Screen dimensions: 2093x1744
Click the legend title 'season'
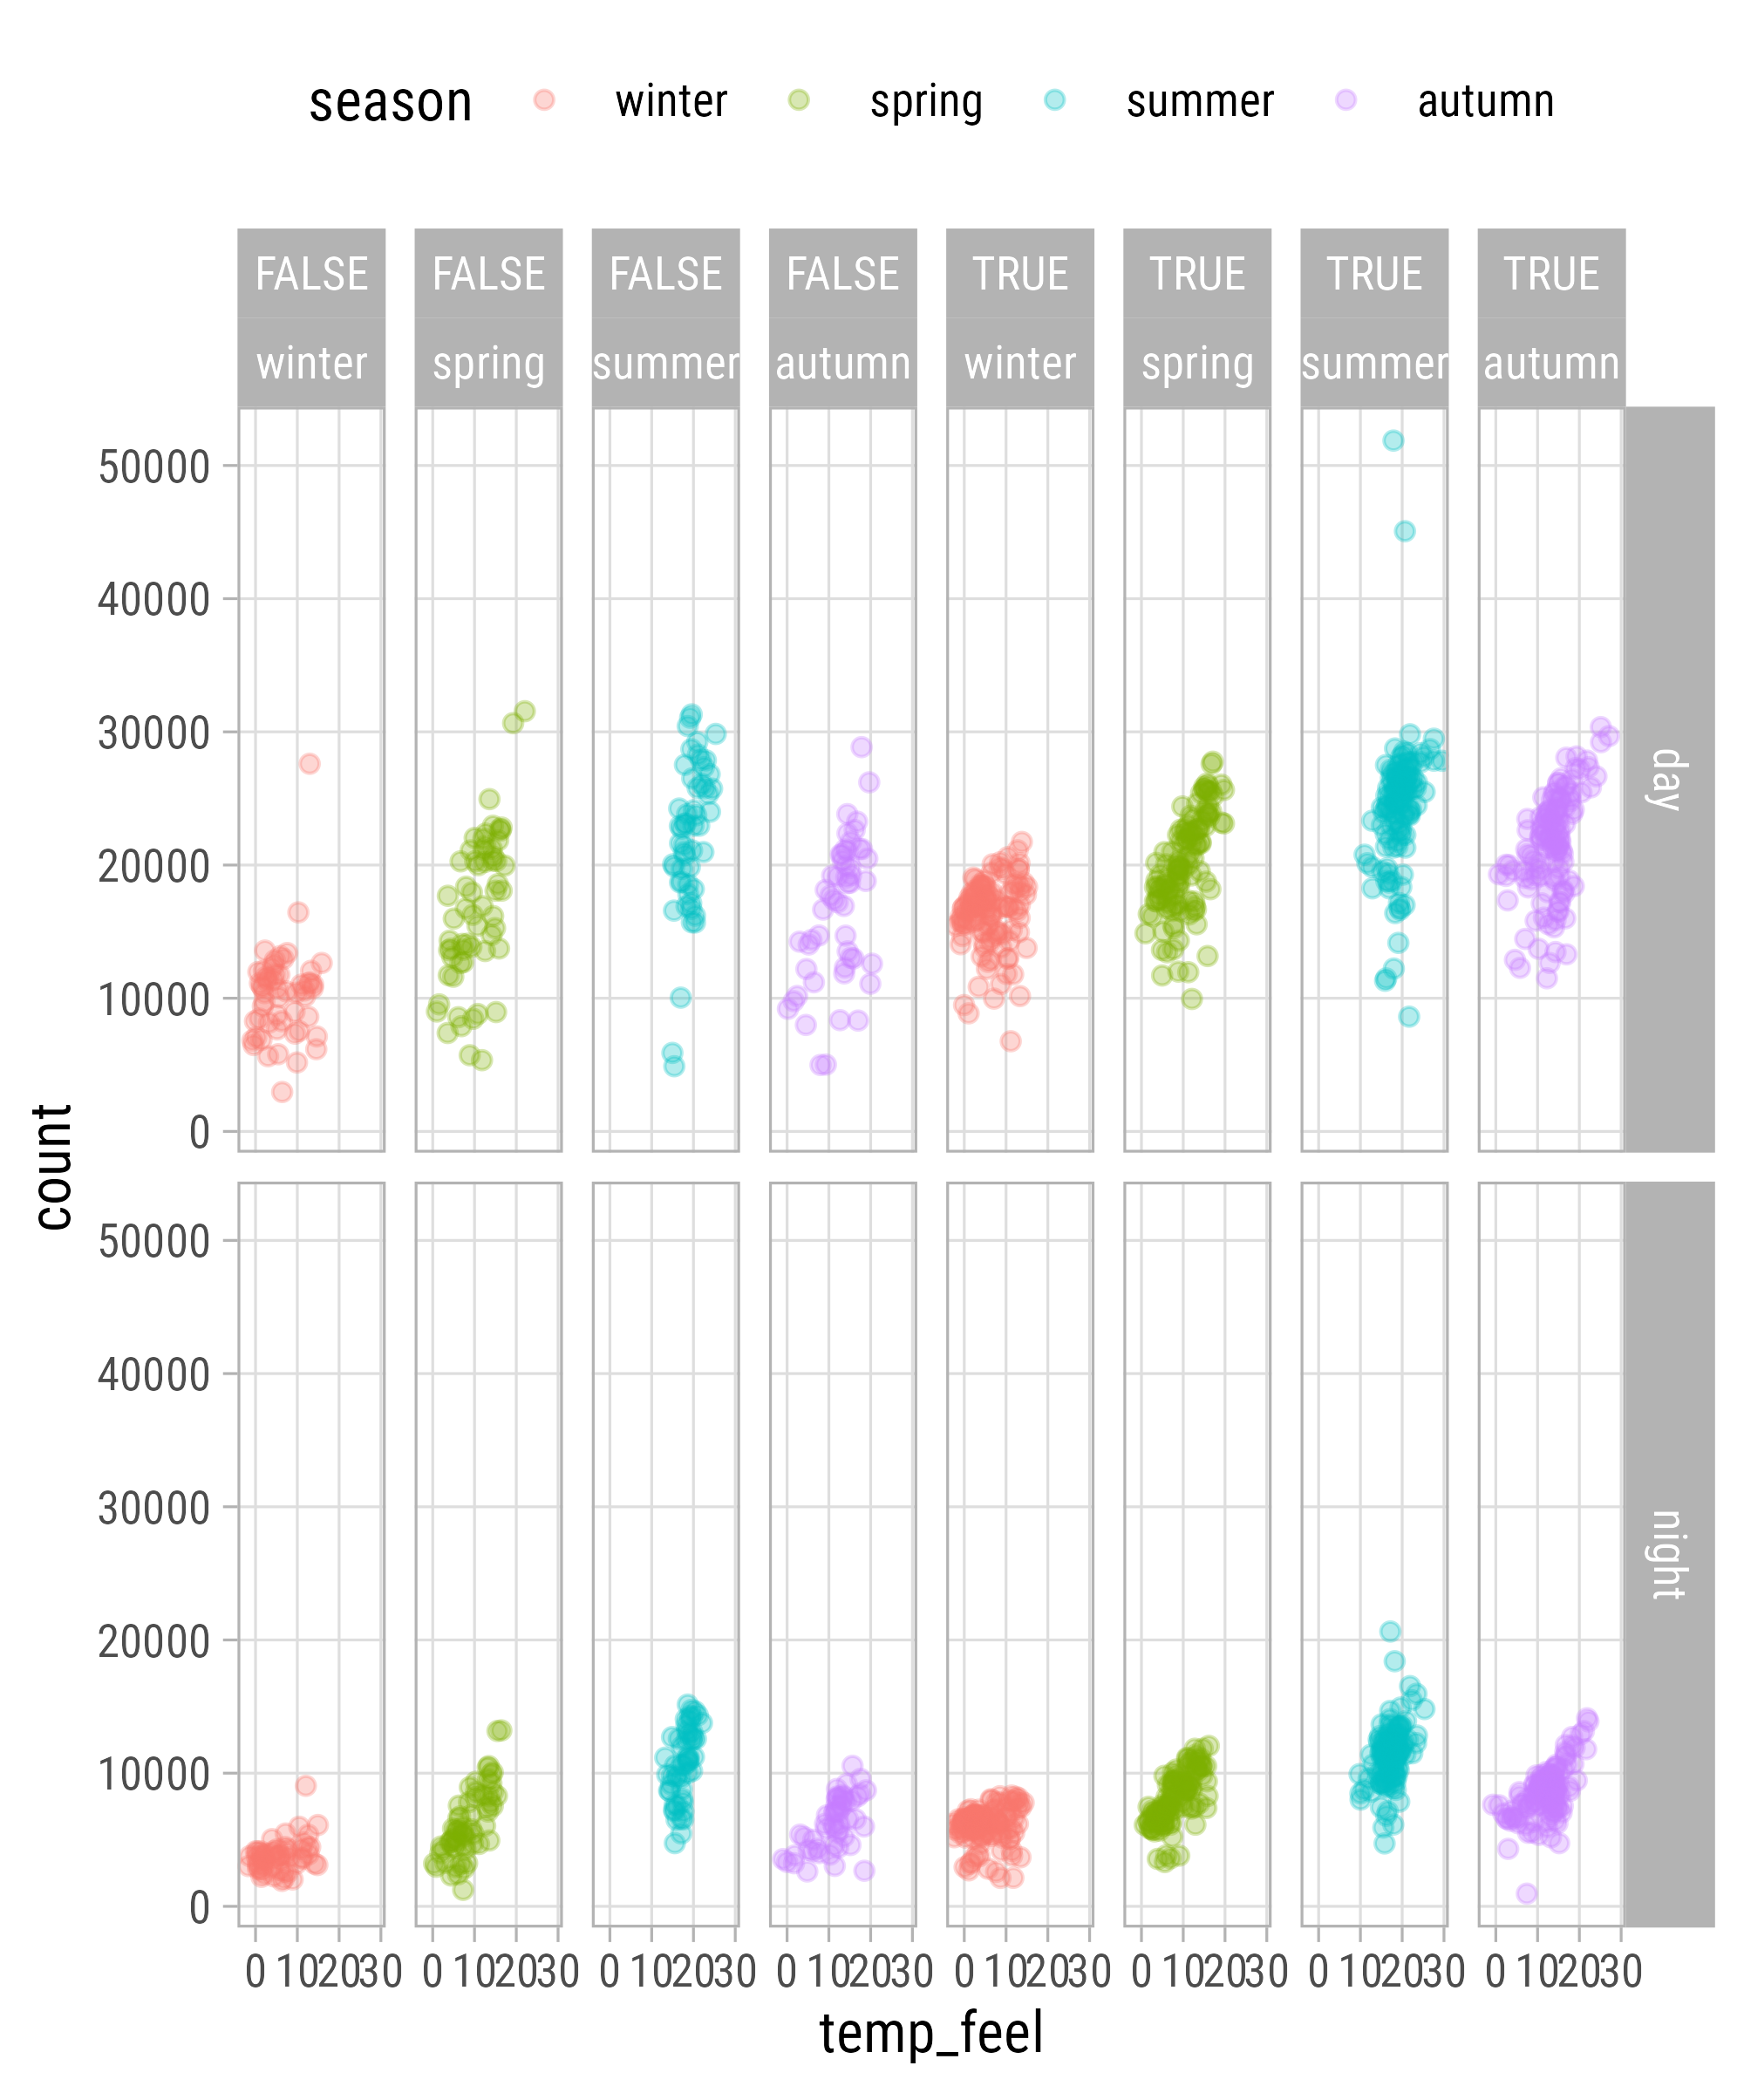tap(390, 103)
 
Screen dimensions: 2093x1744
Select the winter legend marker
tap(544, 99)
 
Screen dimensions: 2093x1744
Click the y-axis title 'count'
tap(55, 1166)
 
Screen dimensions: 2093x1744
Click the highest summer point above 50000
tap(1393, 440)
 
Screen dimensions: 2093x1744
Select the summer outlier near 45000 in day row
tap(1404, 531)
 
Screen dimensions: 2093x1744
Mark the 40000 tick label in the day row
tap(154, 600)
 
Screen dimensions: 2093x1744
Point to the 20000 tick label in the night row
tap(154, 1641)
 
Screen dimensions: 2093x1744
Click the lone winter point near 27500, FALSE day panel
tap(309, 763)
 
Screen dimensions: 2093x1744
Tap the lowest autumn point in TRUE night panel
tap(1527, 1892)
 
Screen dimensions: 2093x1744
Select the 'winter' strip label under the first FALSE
tap(311, 364)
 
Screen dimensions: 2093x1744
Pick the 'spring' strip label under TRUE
tap(1197, 364)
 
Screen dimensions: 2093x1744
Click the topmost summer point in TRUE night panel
tap(1389, 1632)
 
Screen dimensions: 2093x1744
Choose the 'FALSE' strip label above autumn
tap(842, 274)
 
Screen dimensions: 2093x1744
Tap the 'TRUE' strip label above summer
tap(1374, 274)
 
